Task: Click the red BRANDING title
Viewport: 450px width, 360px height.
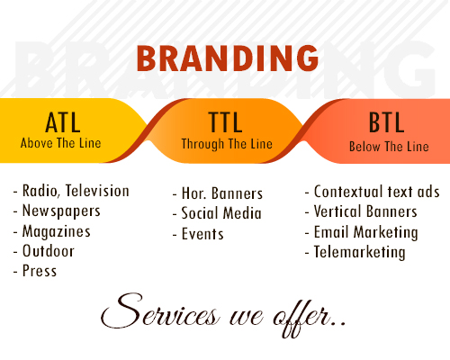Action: tap(228, 58)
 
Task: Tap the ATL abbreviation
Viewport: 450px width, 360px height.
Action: tap(63, 122)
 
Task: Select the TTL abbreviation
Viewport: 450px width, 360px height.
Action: tap(225, 122)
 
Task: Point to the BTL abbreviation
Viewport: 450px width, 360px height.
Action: tap(386, 122)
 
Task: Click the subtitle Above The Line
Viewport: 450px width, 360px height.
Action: tap(60, 143)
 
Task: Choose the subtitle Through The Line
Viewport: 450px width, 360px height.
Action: tap(227, 144)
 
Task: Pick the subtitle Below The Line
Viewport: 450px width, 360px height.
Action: tap(389, 147)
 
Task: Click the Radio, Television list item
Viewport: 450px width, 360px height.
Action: tap(76, 191)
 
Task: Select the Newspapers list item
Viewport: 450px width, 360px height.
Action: tap(61, 211)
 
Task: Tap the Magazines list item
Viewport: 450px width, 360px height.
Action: tap(57, 231)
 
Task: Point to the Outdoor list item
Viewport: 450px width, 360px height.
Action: tap(49, 251)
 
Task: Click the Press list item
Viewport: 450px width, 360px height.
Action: tap(40, 271)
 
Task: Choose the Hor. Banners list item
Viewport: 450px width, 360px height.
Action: tap(222, 193)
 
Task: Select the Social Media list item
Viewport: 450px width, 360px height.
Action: tap(221, 213)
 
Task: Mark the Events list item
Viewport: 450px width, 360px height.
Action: tap(202, 234)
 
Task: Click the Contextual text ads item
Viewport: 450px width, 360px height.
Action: tap(376, 192)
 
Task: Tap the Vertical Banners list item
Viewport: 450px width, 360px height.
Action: tap(365, 211)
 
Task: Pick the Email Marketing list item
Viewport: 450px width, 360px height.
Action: tap(365, 232)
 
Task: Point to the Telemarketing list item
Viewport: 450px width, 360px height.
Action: tap(359, 252)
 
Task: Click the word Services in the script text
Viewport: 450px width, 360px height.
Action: tap(159, 311)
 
